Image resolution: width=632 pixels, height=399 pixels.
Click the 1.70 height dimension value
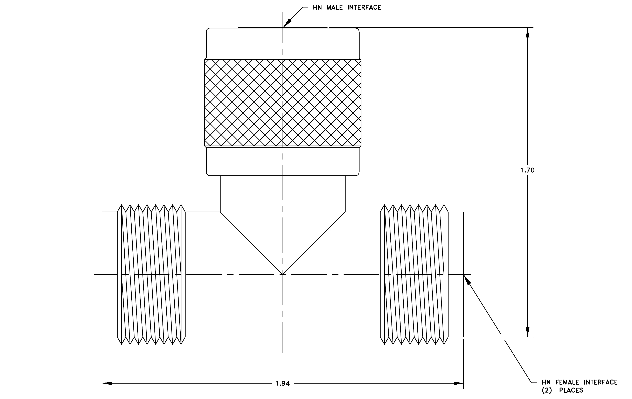click(527, 170)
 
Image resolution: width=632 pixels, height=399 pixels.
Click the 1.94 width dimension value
click(282, 384)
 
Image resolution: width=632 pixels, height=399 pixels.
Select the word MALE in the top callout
click(334, 8)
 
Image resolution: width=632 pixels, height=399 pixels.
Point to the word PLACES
click(571, 390)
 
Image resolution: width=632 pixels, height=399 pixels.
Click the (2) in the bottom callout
click(547, 390)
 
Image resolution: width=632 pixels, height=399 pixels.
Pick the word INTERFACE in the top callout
click(364, 8)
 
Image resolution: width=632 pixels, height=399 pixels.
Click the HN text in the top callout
click(317, 8)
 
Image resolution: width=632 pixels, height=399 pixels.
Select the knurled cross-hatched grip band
click(283, 103)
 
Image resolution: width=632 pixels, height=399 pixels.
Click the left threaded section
click(151, 274)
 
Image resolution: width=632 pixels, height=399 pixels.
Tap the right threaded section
click(414, 274)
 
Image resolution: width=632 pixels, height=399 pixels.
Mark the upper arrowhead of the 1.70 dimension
click(528, 33)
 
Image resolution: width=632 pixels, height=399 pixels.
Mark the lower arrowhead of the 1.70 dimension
click(528, 332)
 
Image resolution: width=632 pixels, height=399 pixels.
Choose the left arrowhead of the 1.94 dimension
click(107, 383)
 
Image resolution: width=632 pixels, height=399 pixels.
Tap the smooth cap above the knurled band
click(283, 43)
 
